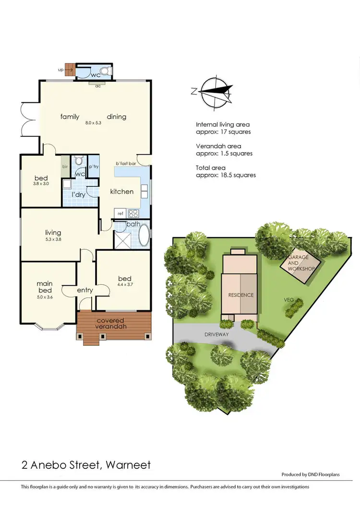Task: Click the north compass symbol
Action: (216, 92)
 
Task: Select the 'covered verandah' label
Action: (110, 323)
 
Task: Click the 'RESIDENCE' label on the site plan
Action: (240, 295)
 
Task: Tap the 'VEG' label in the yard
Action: (288, 300)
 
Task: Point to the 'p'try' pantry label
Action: (93, 167)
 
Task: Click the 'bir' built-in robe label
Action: (64, 167)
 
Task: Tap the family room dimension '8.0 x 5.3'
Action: (93, 123)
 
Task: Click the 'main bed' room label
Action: (45, 287)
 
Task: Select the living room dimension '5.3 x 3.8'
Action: (53, 239)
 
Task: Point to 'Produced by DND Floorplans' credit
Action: (310, 475)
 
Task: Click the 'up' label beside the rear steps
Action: (60, 70)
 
